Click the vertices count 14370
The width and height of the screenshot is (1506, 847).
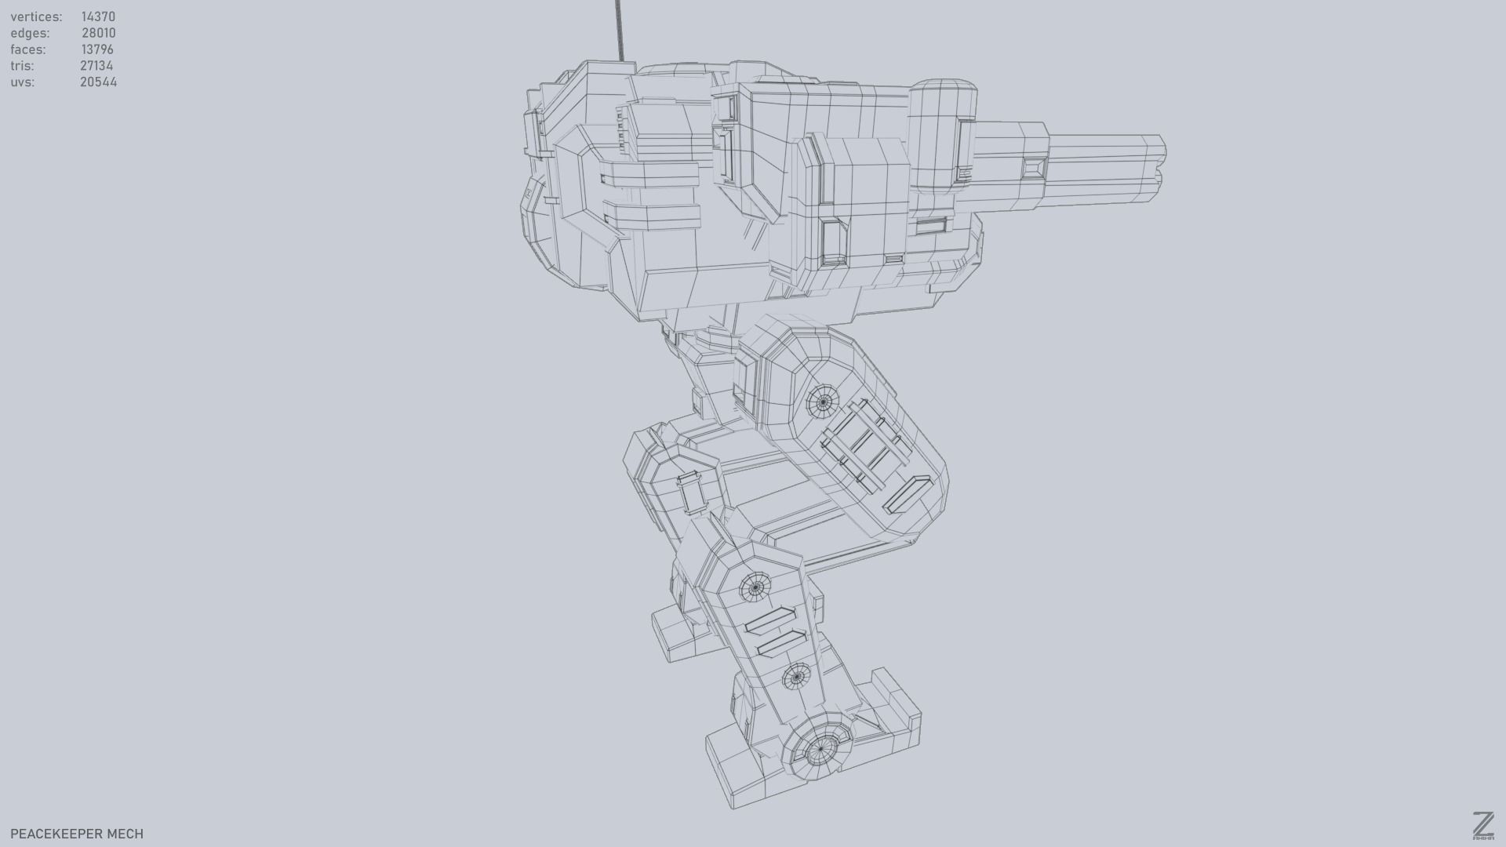click(98, 16)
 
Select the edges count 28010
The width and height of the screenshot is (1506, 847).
click(98, 33)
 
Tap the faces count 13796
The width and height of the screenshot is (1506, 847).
click(97, 49)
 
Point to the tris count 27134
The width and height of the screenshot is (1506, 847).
click(96, 66)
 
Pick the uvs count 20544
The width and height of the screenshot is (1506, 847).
click(98, 82)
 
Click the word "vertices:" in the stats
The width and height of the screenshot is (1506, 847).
click(36, 16)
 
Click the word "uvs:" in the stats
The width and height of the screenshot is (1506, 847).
click(22, 82)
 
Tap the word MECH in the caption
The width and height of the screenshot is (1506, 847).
click(125, 834)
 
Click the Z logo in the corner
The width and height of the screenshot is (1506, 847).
click(1482, 826)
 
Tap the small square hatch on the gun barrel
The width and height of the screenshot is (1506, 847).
click(1034, 167)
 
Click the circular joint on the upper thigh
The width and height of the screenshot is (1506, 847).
click(823, 403)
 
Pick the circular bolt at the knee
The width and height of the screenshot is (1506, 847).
click(755, 587)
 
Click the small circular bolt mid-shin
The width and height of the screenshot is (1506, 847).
click(797, 676)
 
